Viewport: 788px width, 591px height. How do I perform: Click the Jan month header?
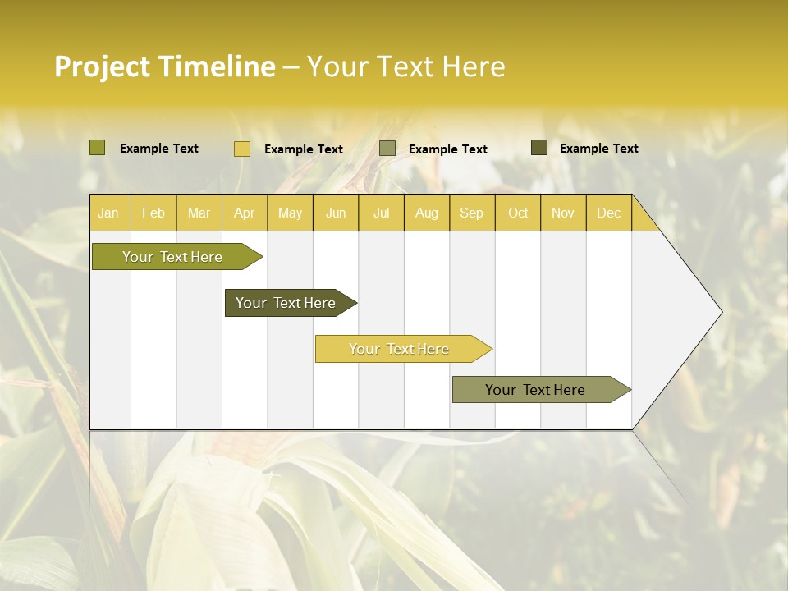pyautogui.click(x=108, y=213)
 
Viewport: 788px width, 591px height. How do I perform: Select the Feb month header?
pyautogui.click(x=153, y=213)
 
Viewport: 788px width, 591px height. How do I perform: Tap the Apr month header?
pyautogui.click(x=244, y=213)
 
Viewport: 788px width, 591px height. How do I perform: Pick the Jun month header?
pyautogui.click(x=336, y=213)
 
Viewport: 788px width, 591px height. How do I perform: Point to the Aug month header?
pyautogui.click(x=426, y=213)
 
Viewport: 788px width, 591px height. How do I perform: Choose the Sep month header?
pyautogui.click(x=471, y=213)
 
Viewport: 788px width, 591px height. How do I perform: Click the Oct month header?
pyautogui.click(x=518, y=213)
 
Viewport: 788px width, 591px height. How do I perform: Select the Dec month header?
pyautogui.click(x=608, y=213)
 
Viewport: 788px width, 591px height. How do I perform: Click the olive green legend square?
pyautogui.click(x=98, y=148)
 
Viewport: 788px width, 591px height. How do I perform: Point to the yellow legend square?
pyautogui.click(x=242, y=149)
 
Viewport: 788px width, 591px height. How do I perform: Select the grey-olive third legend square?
pyautogui.click(x=387, y=149)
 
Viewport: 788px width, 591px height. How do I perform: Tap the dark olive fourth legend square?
pyautogui.click(x=539, y=148)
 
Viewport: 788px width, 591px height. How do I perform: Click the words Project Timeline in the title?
pyautogui.click(x=164, y=66)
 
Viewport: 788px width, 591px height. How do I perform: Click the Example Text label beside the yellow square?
pyautogui.click(x=303, y=149)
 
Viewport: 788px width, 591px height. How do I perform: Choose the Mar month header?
pyautogui.click(x=199, y=213)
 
